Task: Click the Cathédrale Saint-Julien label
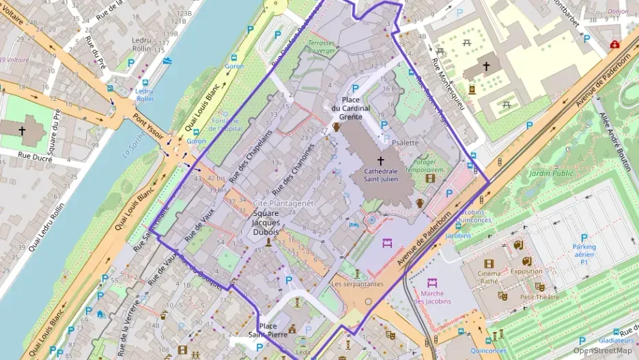[381, 176]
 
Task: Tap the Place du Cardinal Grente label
[351, 108]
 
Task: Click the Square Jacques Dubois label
[266, 223]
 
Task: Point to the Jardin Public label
[552, 174]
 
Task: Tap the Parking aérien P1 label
[584, 254]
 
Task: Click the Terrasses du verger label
[322, 46]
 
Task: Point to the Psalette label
[406, 143]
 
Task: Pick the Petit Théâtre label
[539, 297]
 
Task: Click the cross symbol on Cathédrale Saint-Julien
[381, 159]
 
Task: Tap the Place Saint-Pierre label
[267, 330]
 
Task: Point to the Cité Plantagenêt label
[283, 204]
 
